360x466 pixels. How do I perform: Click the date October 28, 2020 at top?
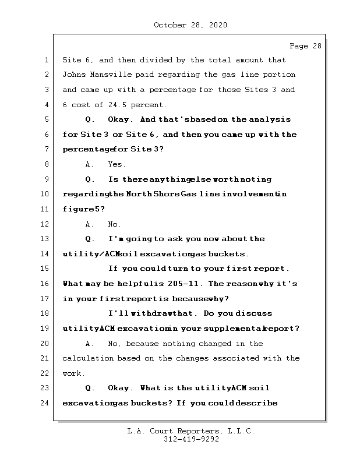click(190, 25)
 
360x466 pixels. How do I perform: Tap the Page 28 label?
click(305, 46)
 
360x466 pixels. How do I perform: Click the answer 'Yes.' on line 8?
click(117, 164)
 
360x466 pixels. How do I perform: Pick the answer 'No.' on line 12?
click(115, 224)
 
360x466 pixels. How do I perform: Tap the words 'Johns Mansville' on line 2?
click(94, 75)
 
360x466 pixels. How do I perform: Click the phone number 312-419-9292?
click(190, 440)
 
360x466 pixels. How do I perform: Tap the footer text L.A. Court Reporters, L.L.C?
click(190, 432)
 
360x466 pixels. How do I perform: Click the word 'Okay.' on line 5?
click(122, 119)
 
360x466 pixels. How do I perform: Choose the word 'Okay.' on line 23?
click(122, 388)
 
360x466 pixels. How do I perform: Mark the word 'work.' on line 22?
click(74, 373)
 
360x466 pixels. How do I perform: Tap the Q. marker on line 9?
click(90, 179)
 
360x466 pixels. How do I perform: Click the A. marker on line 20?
click(90, 344)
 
